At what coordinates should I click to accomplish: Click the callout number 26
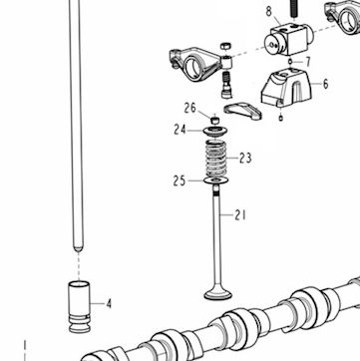189,109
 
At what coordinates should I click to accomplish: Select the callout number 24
180,130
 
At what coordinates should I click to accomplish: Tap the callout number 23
245,159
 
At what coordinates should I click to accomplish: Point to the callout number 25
180,181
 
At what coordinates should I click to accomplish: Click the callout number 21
240,215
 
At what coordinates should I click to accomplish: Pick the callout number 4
109,304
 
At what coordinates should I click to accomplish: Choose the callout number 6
325,84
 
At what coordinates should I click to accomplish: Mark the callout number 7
308,62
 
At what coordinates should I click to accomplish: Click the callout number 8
269,12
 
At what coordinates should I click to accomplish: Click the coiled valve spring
215,159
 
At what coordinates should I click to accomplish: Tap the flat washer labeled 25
216,180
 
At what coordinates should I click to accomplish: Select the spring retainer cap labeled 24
216,131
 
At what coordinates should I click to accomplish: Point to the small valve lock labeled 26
215,120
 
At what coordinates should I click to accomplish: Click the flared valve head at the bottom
218,294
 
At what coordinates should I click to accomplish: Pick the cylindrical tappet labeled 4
79,307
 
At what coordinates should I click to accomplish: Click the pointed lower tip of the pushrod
78,251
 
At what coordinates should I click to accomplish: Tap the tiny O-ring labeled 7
290,62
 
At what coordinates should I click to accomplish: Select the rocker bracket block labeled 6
286,88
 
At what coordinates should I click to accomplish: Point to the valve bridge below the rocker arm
242,111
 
